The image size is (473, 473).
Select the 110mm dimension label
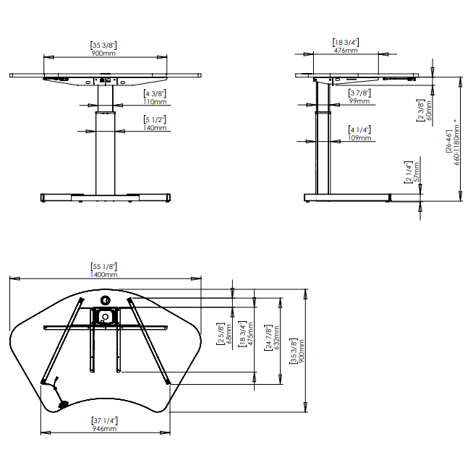click(x=155, y=102)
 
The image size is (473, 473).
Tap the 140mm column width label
click(x=155, y=128)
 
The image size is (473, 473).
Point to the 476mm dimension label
click(x=345, y=51)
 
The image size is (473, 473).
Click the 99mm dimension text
click(x=359, y=101)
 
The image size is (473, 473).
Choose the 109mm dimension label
click(x=359, y=137)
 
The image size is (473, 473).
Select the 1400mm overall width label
click(x=104, y=274)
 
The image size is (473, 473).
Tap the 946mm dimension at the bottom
click(x=104, y=429)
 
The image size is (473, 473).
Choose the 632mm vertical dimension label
click(x=277, y=335)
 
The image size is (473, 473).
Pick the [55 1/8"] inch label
click(x=104, y=267)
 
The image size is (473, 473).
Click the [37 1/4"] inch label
click(x=104, y=421)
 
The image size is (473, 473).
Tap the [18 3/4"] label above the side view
click(x=345, y=43)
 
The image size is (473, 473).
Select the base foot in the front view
click(x=105, y=197)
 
